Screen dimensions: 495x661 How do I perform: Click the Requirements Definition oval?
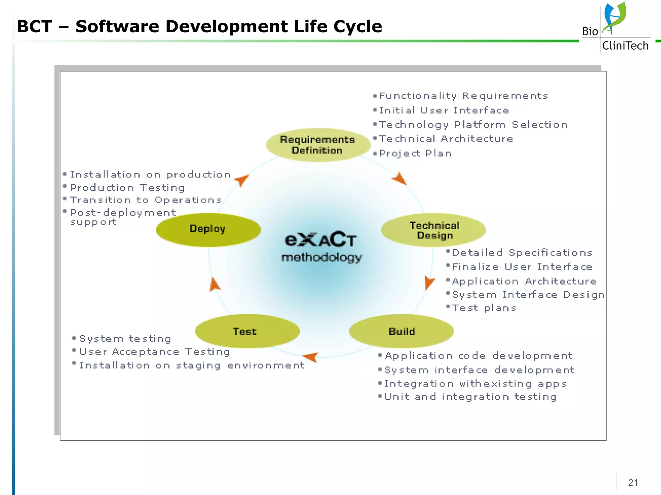(318, 145)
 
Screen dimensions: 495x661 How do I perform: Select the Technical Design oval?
(433, 230)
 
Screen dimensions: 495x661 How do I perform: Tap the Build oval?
(402, 331)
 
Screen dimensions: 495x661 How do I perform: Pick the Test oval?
(247, 331)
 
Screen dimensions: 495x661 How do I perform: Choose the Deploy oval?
(208, 230)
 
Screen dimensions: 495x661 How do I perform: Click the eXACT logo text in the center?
(320, 239)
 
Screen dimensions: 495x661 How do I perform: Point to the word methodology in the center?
(321, 257)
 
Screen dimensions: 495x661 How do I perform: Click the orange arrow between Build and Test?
(311, 357)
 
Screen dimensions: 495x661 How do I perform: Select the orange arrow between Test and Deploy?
(214, 285)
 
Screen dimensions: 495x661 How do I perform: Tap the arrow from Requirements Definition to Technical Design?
(400, 178)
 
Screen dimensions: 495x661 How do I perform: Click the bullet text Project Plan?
(415, 153)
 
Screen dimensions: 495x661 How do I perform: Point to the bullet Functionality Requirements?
(463, 96)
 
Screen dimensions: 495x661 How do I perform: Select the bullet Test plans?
(483, 308)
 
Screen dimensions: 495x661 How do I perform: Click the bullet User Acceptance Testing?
(154, 352)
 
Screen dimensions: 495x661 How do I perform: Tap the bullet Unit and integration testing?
(470, 397)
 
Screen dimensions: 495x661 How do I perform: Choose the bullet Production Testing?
(127, 188)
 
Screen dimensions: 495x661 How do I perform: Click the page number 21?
(633, 482)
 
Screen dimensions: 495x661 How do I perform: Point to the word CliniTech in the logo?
(625, 46)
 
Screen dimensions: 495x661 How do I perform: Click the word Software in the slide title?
(117, 26)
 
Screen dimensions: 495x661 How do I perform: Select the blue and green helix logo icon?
(614, 18)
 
